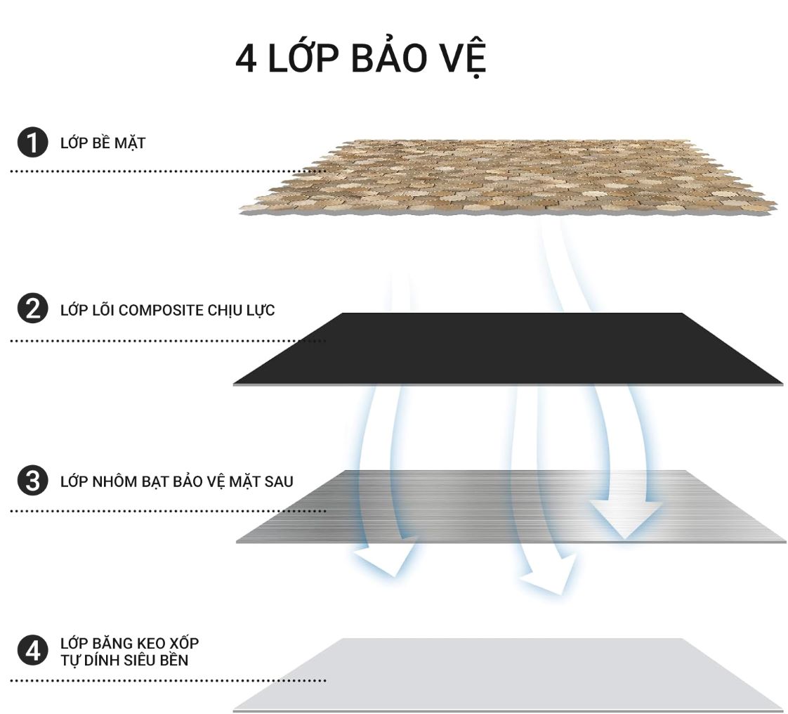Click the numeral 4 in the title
coord(247,58)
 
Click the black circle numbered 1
coord(33,142)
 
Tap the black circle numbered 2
coord(33,309)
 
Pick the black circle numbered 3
coord(33,480)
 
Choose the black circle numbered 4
coord(33,651)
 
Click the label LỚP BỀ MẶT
coord(103,142)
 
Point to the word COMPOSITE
coord(160,310)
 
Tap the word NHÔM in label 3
coord(113,481)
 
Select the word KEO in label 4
coord(143,643)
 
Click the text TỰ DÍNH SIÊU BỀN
coord(124,659)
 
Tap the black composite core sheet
coord(508,349)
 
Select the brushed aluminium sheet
coord(511,507)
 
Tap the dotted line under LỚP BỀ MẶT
coord(168,171)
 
